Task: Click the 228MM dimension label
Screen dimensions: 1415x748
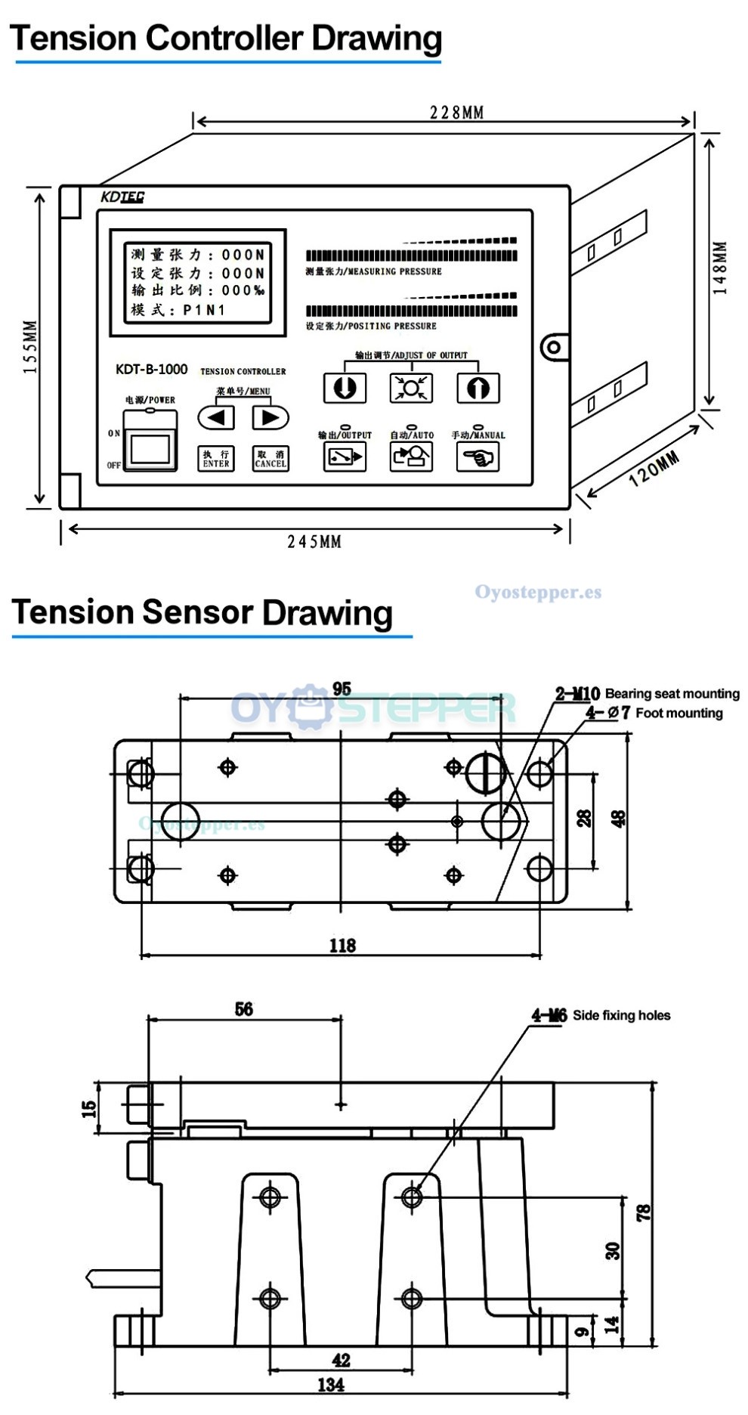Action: pos(456,113)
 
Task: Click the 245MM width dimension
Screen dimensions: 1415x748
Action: pos(314,541)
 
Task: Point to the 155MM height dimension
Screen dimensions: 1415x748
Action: pos(30,347)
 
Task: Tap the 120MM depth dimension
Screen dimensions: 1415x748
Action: pos(654,469)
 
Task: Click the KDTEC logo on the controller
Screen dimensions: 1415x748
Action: pos(122,197)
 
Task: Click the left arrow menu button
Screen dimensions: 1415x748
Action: pos(216,417)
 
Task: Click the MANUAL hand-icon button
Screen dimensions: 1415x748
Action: pos(478,457)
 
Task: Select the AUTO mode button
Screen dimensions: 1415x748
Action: pos(411,457)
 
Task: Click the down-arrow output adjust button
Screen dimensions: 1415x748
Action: pos(345,388)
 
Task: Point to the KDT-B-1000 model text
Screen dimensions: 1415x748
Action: pos(151,369)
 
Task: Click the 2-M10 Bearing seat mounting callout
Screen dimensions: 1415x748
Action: pos(647,693)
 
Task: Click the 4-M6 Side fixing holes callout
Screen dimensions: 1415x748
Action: pos(601,1015)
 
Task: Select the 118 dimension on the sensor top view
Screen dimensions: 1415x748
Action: pos(342,945)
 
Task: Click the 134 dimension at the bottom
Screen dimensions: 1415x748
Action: pos(331,1385)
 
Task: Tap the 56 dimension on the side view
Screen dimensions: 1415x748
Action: pos(244,1009)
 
